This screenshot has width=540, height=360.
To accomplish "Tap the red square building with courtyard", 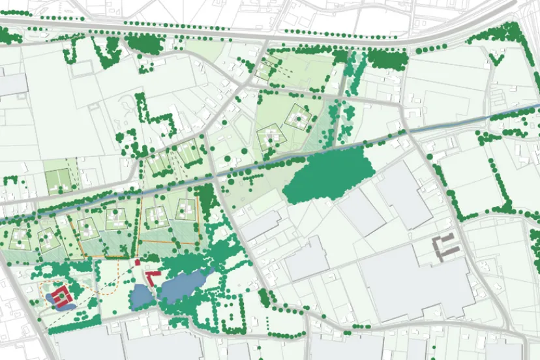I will tap(60, 295).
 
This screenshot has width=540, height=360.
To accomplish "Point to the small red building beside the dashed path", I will tap(138, 262).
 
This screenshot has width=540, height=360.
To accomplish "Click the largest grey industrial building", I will tap(417, 287).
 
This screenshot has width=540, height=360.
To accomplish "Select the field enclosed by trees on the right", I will tap(470, 183).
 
